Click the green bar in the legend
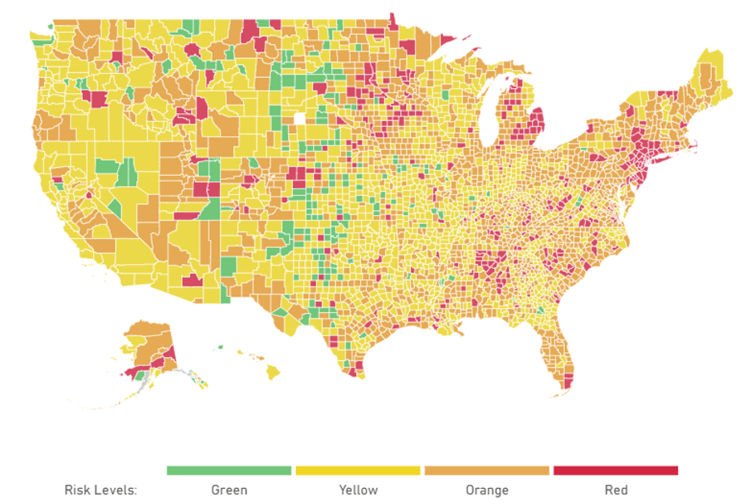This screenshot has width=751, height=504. (x=229, y=470)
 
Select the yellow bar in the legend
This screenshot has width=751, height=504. (x=358, y=470)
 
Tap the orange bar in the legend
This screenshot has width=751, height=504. (x=486, y=470)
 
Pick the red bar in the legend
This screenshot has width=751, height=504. (x=615, y=470)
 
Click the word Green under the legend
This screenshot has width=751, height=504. (x=229, y=490)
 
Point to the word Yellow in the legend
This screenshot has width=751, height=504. (x=358, y=490)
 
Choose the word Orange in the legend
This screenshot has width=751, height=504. (x=486, y=490)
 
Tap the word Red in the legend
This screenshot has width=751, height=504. (x=616, y=490)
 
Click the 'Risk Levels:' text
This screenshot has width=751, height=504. (x=101, y=490)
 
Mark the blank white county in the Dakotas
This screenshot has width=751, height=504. (x=300, y=119)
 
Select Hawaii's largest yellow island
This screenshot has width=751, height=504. (x=273, y=372)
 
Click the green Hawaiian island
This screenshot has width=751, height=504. (x=219, y=348)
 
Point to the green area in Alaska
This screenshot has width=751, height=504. (x=141, y=374)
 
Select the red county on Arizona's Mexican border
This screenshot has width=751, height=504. (x=192, y=280)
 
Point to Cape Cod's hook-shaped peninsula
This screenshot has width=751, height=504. (x=693, y=145)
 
